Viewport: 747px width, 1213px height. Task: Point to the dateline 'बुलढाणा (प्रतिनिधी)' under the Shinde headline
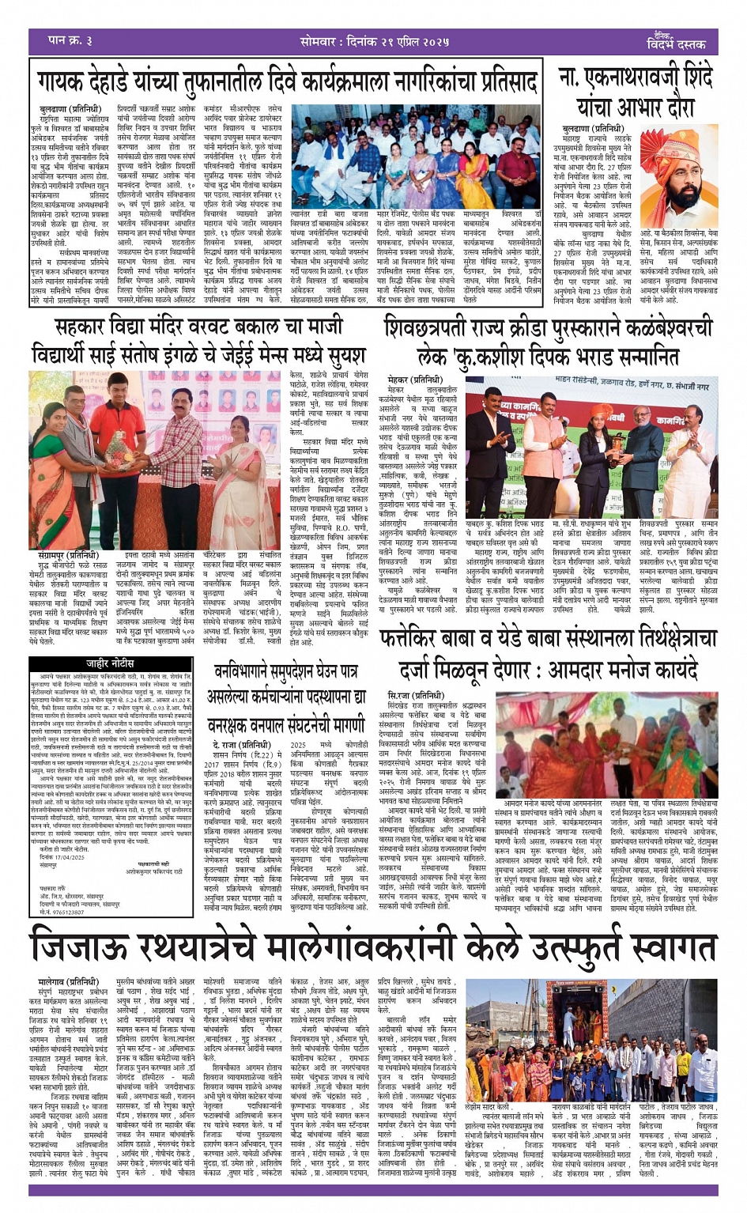point(592,127)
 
